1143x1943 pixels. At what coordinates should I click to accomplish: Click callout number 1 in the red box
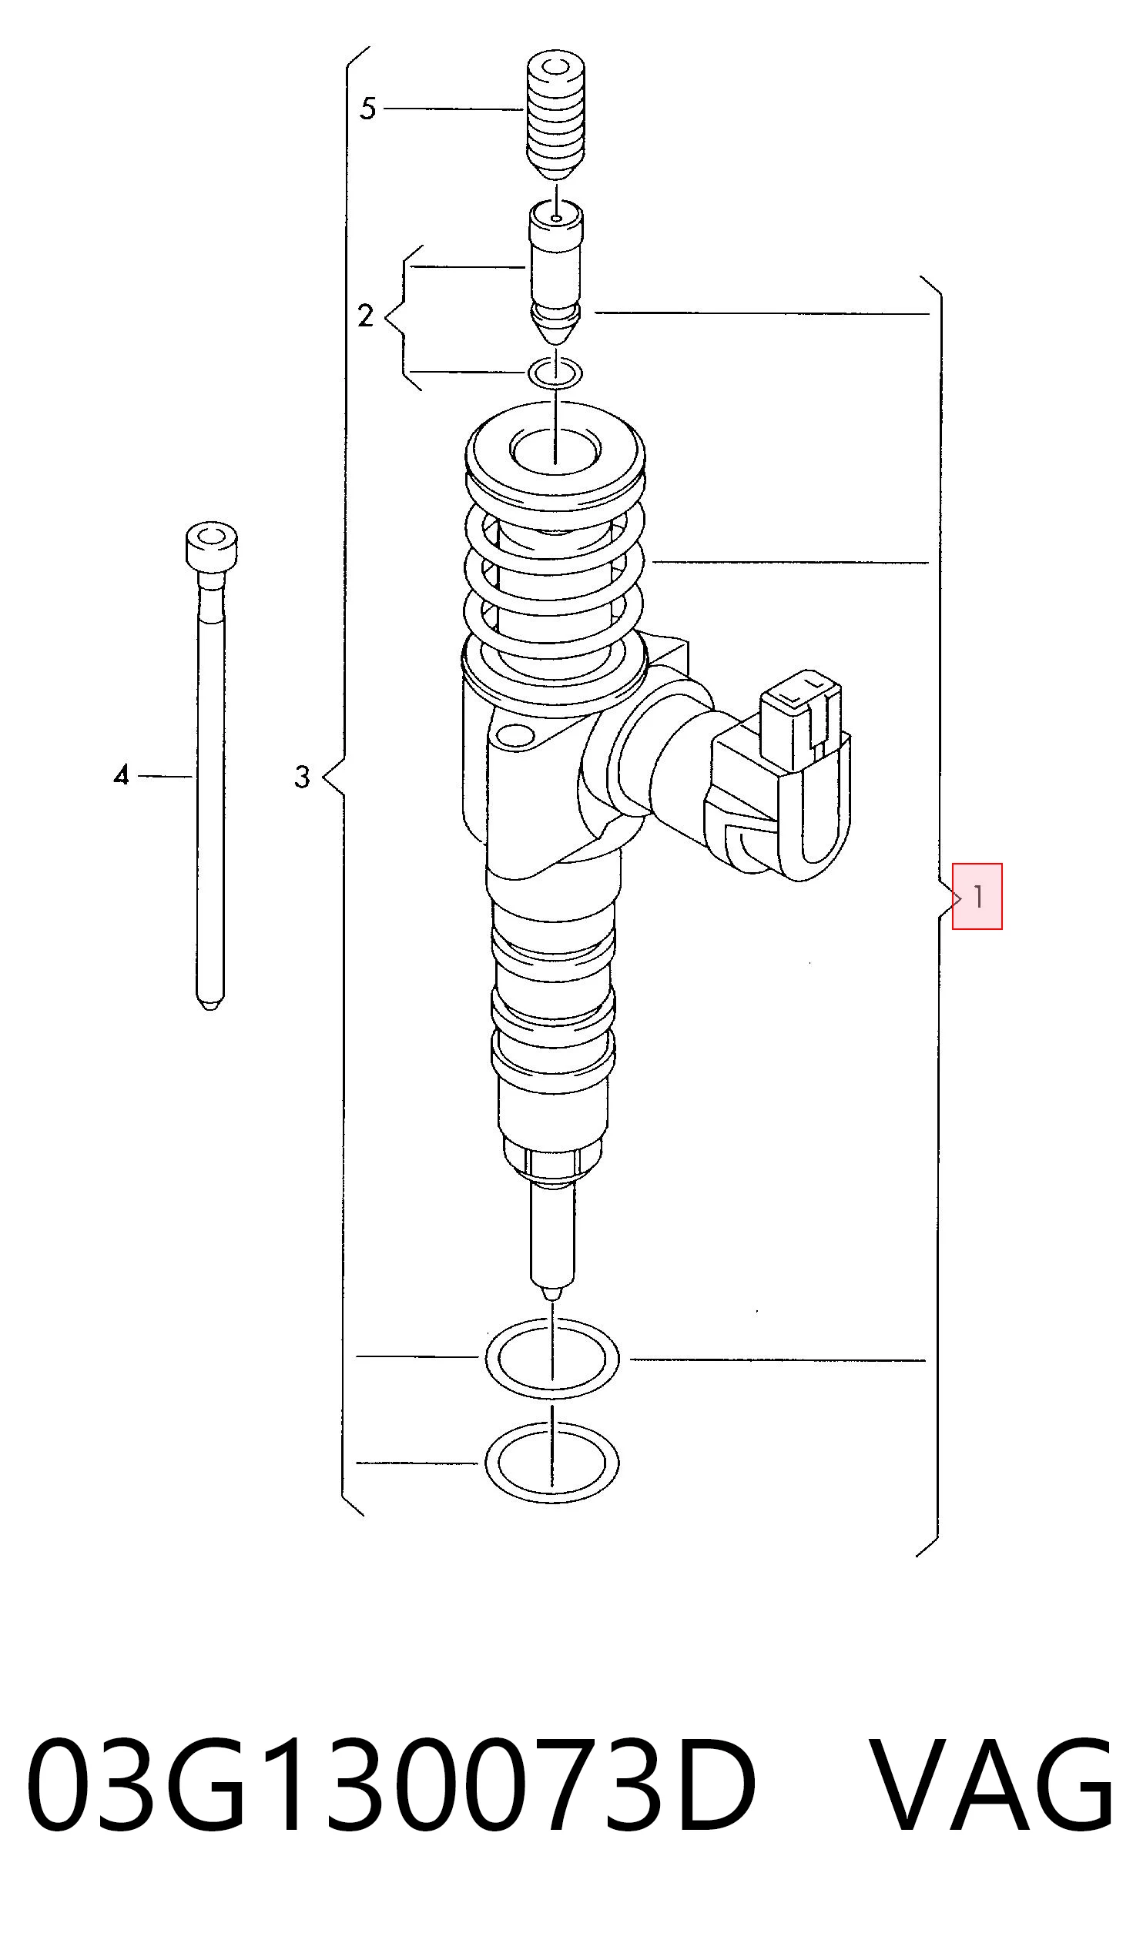click(x=978, y=897)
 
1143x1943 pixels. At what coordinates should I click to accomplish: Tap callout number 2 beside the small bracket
click(x=366, y=316)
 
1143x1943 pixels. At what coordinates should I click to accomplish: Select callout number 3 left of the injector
click(x=302, y=777)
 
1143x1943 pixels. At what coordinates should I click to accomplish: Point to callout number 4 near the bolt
click(x=120, y=774)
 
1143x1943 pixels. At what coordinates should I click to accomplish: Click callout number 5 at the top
click(x=368, y=109)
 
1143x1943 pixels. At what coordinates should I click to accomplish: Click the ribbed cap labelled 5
click(x=555, y=114)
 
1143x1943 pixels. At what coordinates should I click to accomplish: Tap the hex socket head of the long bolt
click(x=211, y=547)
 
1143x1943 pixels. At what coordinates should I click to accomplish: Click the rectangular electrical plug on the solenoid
click(x=802, y=717)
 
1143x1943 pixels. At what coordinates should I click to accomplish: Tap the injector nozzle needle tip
click(x=552, y=1293)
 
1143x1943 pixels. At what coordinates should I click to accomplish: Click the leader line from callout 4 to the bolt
click(x=165, y=776)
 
